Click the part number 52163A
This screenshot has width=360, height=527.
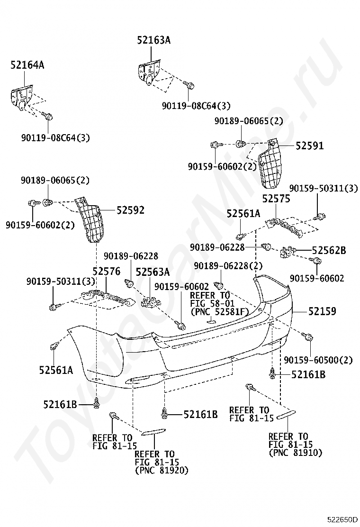154,41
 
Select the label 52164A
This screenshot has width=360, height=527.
27,65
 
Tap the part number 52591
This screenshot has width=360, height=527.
309,146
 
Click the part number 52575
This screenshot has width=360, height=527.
276,200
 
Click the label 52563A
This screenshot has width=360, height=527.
153,272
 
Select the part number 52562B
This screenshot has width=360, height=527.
329,250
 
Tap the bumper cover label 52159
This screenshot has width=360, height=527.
322,311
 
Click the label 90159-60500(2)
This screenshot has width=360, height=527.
318,360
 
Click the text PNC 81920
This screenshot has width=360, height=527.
162,471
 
